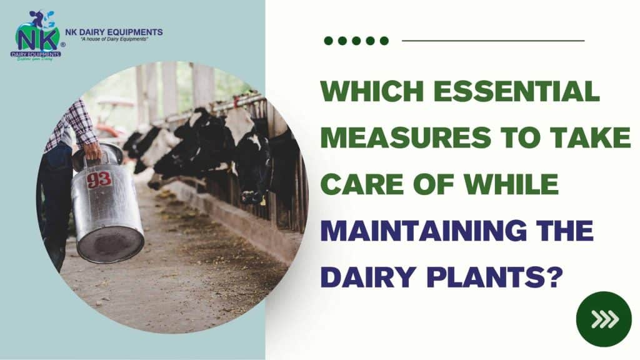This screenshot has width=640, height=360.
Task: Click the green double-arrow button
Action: click(604, 319)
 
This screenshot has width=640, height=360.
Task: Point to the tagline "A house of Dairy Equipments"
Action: click(113, 40)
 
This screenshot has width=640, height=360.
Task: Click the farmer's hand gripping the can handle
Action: click(92, 150)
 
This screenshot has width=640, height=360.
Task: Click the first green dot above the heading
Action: click(328, 41)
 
